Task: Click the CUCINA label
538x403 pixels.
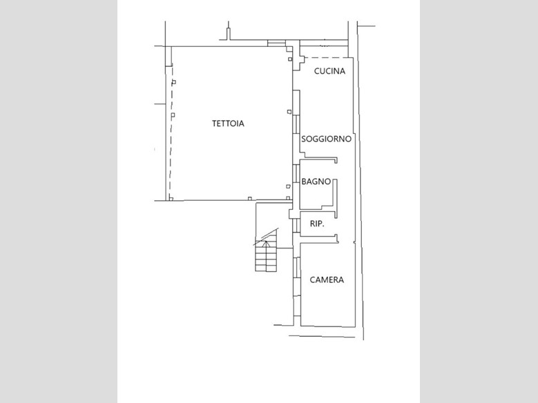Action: point(329,71)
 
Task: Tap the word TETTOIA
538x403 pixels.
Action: point(228,124)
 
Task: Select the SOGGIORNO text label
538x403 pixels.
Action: point(326,139)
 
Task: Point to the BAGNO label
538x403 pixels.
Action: point(316,181)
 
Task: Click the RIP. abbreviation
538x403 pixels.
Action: point(317,224)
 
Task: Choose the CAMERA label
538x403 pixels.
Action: point(327,280)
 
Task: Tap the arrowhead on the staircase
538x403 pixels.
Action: point(265,244)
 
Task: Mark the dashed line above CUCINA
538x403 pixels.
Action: point(326,57)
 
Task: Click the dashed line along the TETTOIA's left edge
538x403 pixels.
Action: point(171,132)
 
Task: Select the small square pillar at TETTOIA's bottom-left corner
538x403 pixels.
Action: point(171,199)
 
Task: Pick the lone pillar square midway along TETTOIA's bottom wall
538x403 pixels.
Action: point(250,198)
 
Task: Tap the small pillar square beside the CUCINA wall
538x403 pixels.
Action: point(290,59)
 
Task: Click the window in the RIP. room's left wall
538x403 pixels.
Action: point(295,226)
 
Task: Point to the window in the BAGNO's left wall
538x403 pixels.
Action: point(295,173)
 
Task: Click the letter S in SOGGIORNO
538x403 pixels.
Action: point(304,139)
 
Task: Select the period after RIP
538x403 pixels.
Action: point(323,227)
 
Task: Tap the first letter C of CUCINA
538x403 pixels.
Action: point(317,71)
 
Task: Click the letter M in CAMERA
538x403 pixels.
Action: point(325,280)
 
